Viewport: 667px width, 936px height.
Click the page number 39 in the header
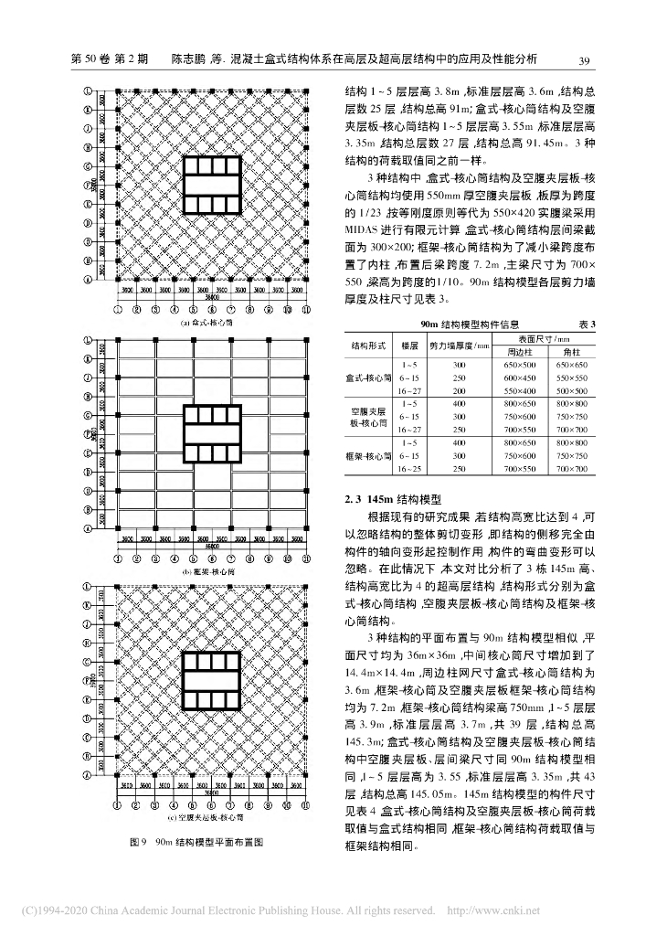coord(588,60)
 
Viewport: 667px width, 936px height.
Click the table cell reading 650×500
coord(520,364)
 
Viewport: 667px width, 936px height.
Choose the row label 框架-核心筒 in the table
coord(369,455)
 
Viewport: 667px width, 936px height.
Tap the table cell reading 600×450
coord(520,378)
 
